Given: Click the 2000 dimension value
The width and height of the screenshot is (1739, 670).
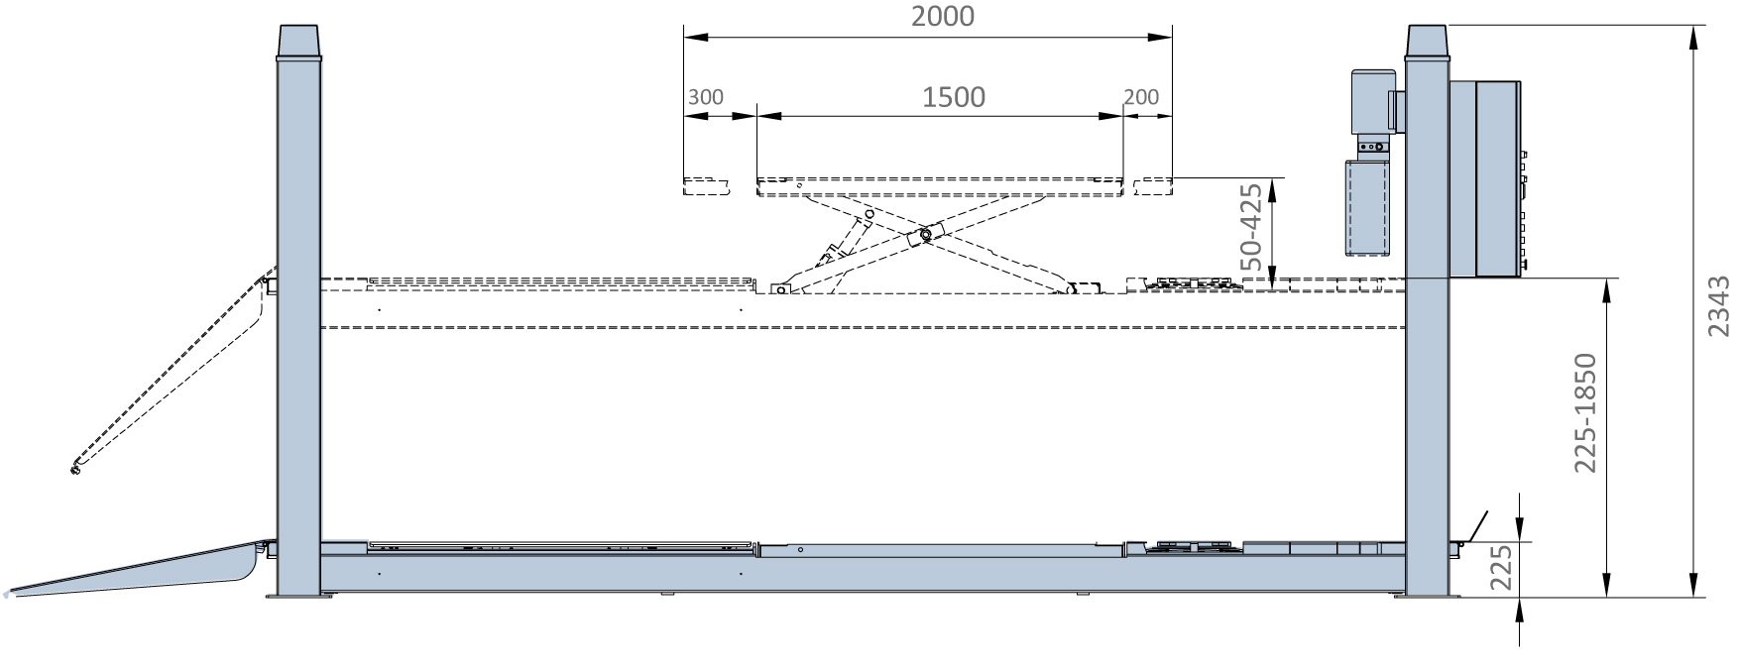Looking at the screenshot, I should click(942, 16).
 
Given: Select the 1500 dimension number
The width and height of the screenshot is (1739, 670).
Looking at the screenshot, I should click(954, 96).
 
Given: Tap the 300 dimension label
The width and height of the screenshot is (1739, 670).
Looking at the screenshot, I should click(705, 97).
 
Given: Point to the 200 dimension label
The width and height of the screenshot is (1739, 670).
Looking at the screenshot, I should click(1142, 97).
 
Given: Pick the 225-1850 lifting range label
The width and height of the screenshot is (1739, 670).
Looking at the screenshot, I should click(1586, 412).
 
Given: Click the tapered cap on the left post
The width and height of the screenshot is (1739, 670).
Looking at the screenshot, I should click(299, 42).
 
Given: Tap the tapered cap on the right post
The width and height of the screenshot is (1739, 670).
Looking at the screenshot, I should click(1428, 42).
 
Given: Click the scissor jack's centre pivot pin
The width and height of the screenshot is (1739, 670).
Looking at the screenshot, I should click(926, 235).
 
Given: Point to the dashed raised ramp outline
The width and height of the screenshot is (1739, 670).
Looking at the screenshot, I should click(169, 372).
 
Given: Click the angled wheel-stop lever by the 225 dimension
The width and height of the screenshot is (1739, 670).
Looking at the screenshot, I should click(1476, 526).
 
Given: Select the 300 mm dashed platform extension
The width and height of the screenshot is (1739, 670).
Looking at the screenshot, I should click(706, 186).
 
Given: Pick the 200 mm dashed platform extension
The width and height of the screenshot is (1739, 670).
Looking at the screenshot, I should click(1152, 186).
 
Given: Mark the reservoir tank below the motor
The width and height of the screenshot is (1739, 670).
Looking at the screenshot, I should click(1367, 208).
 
